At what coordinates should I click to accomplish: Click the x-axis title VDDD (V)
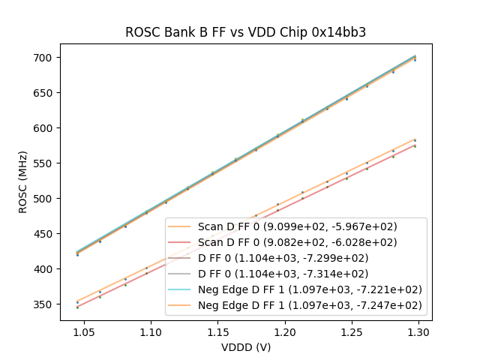[245, 347]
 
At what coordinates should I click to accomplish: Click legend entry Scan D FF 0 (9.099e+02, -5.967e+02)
[298, 226]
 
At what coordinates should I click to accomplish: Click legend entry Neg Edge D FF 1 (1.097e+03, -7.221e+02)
[310, 289]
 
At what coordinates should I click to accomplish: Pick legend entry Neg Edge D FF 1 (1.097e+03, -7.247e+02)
[310, 305]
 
